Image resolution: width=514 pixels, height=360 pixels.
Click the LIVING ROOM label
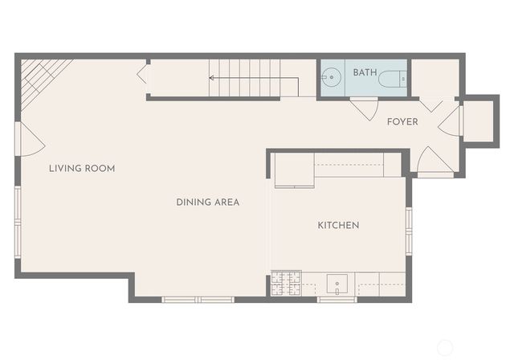tap(81, 169)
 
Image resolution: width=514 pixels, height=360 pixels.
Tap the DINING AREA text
tap(207, 202)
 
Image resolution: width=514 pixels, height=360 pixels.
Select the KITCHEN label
tap(338, 226)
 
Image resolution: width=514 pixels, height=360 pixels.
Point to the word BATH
tap(364, 73)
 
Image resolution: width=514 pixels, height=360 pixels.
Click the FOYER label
tap(402, 122)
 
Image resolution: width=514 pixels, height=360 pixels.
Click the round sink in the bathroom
tap(331, 79)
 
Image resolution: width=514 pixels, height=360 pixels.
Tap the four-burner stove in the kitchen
tap(286, 282)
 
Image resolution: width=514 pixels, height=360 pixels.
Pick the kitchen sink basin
tap(337, 284)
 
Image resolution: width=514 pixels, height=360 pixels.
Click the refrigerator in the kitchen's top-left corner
tap(293, 170)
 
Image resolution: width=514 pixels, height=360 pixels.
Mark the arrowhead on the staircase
tap(212, 79)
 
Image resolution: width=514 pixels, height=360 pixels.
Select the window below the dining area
tap(198, 300)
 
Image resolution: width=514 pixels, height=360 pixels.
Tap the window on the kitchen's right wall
tap(409, 231)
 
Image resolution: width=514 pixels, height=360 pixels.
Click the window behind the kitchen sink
tap(337, 300)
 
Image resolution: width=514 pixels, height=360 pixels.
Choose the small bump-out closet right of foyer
tap(480, 121)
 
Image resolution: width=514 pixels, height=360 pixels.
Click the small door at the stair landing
tap(143, 74)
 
